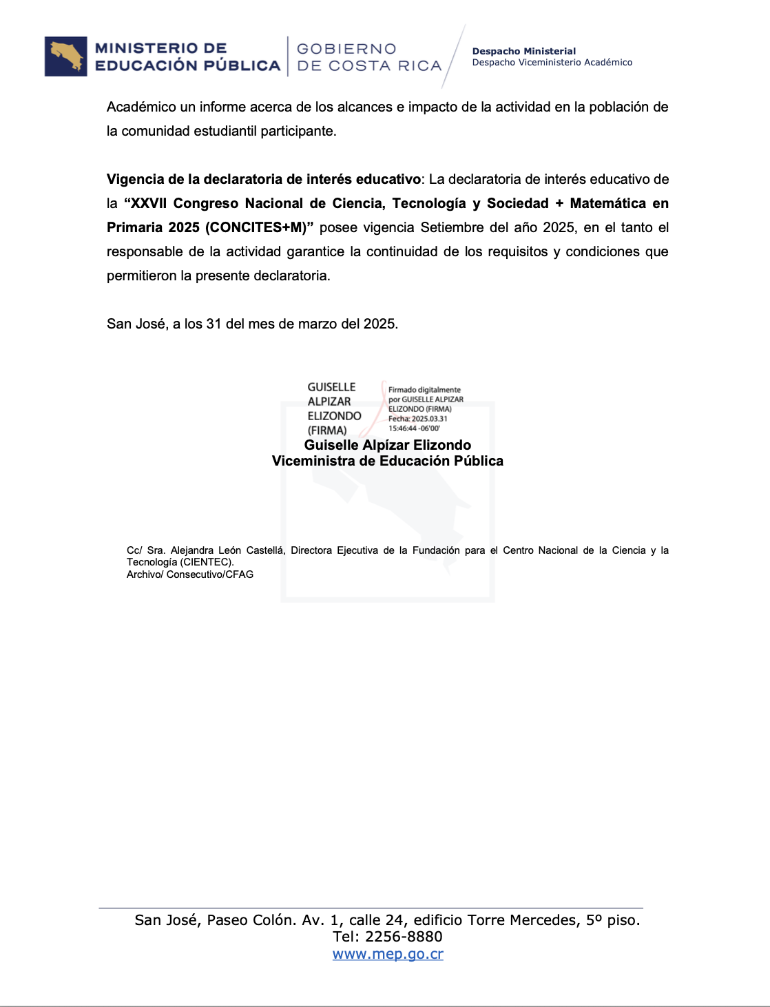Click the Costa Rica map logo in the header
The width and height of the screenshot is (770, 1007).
pyautogui.click(x=66, y=56)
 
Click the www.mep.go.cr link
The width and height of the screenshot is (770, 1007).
pyautogui.click(x=388, y=954)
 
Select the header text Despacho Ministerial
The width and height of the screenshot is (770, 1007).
pyautogui.click(x=523, y=51)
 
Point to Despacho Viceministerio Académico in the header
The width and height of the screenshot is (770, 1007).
pyautogui.click(x=552, y=63)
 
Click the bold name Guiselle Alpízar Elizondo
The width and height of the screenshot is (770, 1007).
pyautogui.click(x=387, y=445)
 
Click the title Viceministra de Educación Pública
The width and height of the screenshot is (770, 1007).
pyautogui.click(x=387, y=461)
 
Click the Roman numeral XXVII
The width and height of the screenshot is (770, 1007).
pyautogui.click(x=148, y=203)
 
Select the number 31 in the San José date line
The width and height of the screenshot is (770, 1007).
pyautogui.click(x=214, y=324)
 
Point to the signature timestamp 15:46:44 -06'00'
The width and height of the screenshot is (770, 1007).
pyautogui.click(x=414, y=428)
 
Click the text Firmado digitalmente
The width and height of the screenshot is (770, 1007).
pyautogui.click(x=424, y=390)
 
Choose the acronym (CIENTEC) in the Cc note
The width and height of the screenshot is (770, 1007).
pyautogui.click(x=206, y=562)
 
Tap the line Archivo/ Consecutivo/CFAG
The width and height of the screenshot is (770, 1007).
pyautogui.click(x=190, y=574)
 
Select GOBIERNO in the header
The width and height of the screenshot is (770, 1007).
pyautogui.click(x=346, y=49)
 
